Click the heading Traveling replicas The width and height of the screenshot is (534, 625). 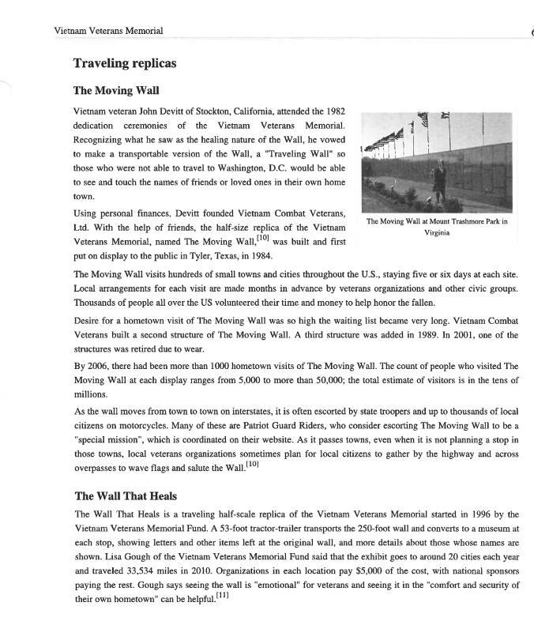click(x=124, y=63)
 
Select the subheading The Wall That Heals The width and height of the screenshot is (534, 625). click(x=126, y=496)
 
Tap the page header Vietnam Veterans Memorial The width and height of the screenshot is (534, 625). click(x=108, y=31)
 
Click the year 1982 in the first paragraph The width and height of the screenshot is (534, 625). click(x=334, y=111)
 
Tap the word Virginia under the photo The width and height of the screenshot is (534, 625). click(x=437, y=232)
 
